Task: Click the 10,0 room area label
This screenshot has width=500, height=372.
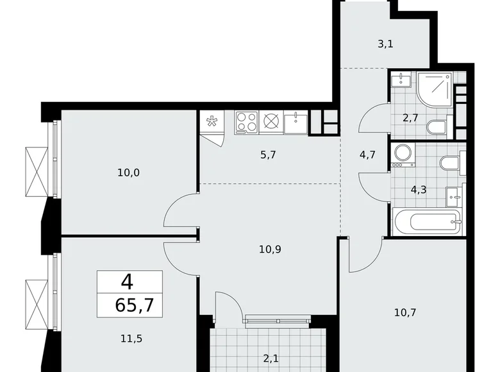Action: click(128, 172)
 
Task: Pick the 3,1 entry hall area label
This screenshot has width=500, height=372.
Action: click(385, 45)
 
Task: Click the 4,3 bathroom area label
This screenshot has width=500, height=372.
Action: click(419, 190)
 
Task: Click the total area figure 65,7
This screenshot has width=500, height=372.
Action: click(130, 303)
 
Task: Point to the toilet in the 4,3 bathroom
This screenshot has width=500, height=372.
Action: click(448, 162)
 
